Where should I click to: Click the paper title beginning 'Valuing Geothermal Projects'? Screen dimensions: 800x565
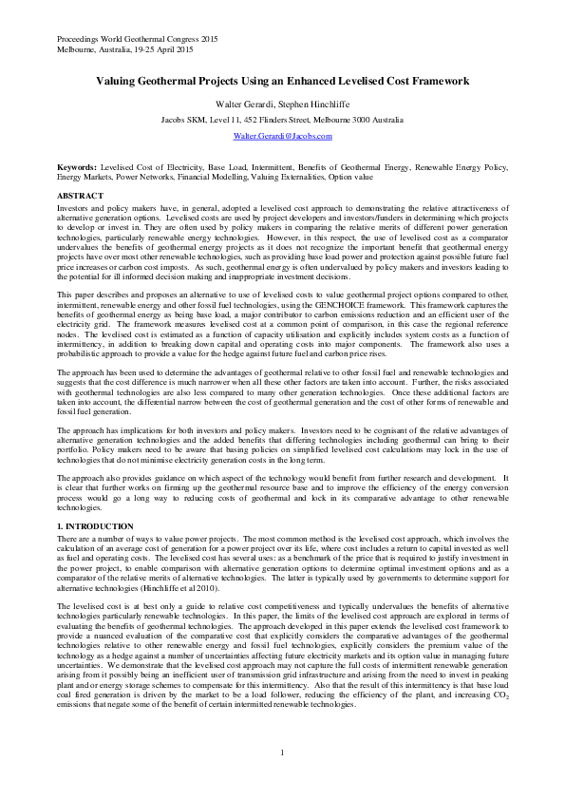coord(282,82)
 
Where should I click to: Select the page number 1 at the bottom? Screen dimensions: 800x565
coord(283,753)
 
